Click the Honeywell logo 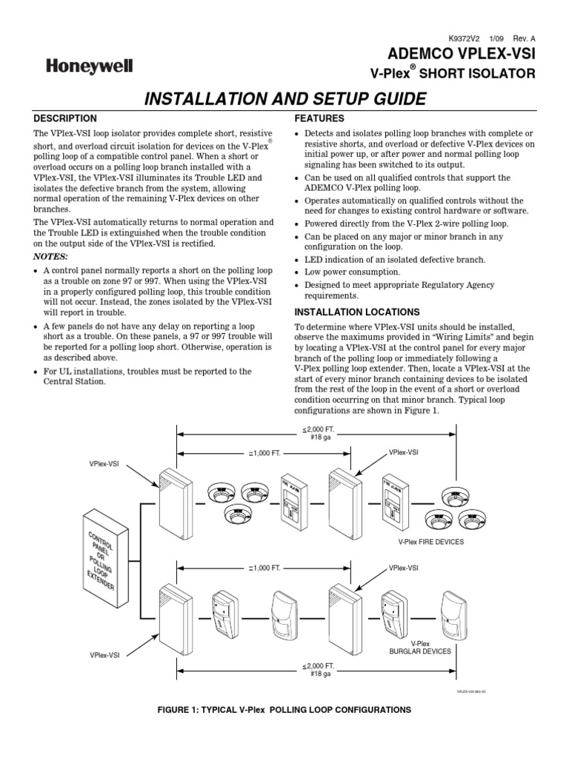coord(90,67)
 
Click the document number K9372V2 coord(465,38)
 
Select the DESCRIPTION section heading coord(65,118)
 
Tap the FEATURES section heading coord(319,118)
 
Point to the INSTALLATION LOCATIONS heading coord(357,312)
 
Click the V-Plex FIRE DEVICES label coord(430,542)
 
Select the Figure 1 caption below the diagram coord(284,709)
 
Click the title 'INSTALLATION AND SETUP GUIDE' coord(284,98)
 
